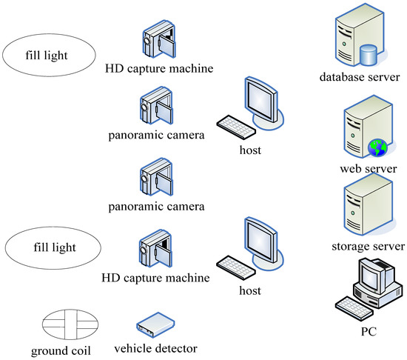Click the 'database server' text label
[359, 76]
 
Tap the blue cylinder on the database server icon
[368, 55]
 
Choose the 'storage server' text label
[368, 245]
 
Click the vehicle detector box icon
[155, 323]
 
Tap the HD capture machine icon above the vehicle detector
[156, 252]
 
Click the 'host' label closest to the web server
[251, 151]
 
